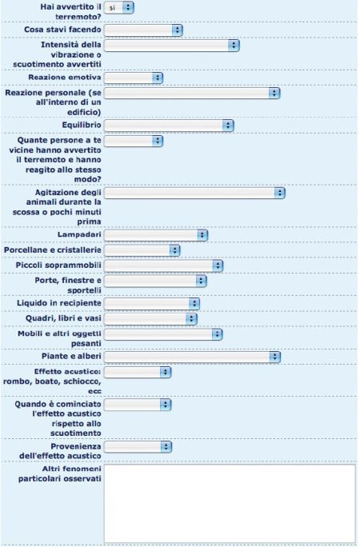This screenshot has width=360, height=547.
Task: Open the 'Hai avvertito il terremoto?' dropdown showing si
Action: (x=119, y=7)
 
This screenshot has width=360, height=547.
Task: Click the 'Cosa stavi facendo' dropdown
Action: (x=143, y=30)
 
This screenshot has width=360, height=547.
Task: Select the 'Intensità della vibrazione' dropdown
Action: (x=172, y=45)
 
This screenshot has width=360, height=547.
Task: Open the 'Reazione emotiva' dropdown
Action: (x=134, y=78)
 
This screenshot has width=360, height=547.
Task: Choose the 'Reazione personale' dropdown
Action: (x=192, y=93)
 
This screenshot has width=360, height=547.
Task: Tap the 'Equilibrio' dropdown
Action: (x=169, y=126)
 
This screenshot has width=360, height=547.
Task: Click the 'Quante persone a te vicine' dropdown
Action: (x=134, y=141)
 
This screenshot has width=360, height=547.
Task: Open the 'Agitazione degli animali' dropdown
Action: (x=194, y=193)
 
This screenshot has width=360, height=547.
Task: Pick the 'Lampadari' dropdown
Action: (x=156, y=235)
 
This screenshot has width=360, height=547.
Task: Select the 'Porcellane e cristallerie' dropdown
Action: (x=142, y=250)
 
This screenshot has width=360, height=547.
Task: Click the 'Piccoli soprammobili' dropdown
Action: (x=164, y=266)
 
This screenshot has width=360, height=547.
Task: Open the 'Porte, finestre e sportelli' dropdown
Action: (x=155, y=281)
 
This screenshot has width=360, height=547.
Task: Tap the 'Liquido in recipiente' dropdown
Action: (x=152, y=304)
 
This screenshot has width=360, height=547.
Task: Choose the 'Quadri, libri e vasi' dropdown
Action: (x=150, y=319)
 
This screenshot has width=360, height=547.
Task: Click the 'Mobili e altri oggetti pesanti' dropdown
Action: (x=163, y=334)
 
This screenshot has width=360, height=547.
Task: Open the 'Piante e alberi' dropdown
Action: (x=192, y=357)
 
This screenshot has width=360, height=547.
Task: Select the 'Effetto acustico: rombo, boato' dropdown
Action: (x=138, y=372)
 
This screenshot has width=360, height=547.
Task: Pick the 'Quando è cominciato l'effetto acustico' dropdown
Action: (x=138, y=405)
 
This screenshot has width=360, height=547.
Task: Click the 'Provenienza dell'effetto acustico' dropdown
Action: (x=138, y=447)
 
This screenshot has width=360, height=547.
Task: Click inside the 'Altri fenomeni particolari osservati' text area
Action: (x=230, y=503)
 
